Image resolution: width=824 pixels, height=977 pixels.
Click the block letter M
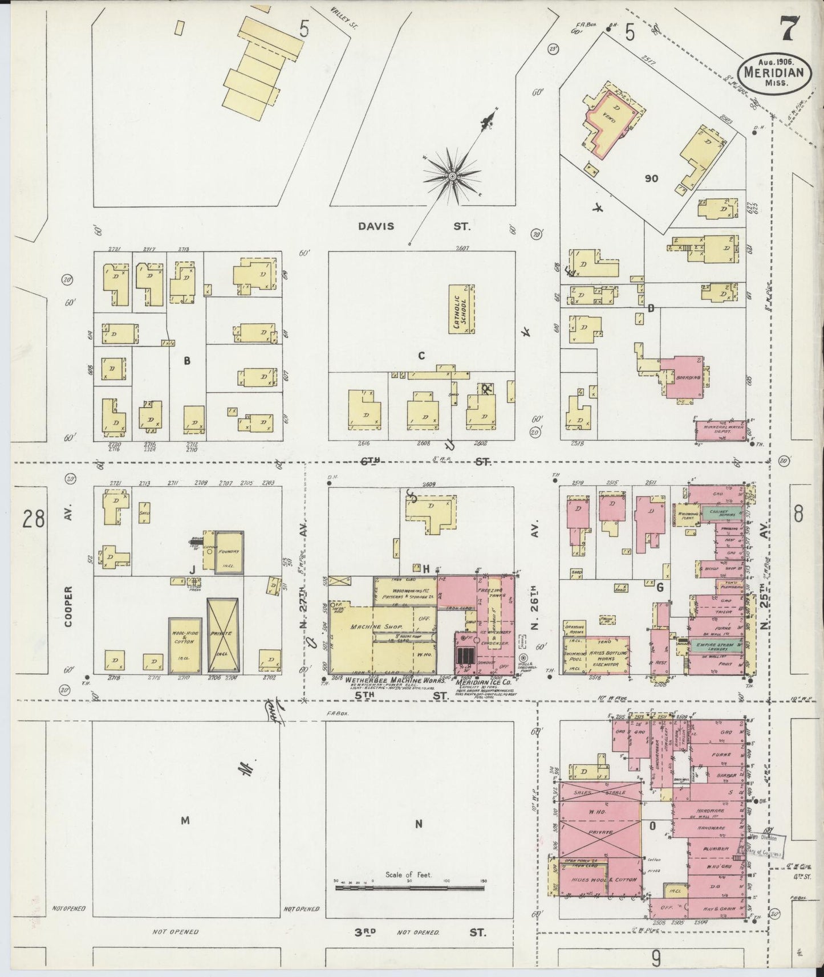point(185,821)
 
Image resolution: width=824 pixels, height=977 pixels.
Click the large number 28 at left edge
point(34,520)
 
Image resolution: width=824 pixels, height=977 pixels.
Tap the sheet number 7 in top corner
point(789,29)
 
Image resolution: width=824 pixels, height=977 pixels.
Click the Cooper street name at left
point(68,608)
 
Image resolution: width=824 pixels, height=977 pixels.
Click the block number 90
point(651,178)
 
